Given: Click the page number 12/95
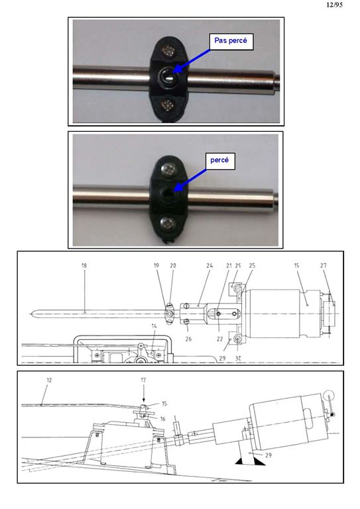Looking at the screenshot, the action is tap(334, 5).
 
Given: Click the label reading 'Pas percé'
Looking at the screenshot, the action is tap(231, 41).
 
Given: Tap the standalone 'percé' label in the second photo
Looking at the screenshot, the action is tap(219, 160).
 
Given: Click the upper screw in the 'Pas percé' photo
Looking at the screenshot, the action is tap(168, 50).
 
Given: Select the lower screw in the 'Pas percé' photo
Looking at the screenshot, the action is tap(168, 105).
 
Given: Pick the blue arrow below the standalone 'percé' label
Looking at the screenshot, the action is tap(190, 180).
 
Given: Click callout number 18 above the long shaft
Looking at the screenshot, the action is tap(84, 265).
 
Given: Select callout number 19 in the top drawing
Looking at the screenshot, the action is tap(156, 265).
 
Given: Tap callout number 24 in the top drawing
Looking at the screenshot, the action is tap(210, 265).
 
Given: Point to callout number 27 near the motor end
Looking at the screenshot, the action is tap(324, 265).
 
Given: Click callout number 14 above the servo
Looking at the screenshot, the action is tap(154, 326).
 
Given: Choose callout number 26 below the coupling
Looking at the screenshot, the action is tap(188, 339).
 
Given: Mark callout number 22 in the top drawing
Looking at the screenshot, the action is tap(219, 339).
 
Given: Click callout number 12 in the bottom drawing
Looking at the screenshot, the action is tap(49, 380).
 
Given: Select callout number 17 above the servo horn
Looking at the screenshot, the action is tap(143, 380).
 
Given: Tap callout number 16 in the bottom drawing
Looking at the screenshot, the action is tap(162, 419).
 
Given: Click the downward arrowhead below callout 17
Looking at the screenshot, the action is tap(143, 400).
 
